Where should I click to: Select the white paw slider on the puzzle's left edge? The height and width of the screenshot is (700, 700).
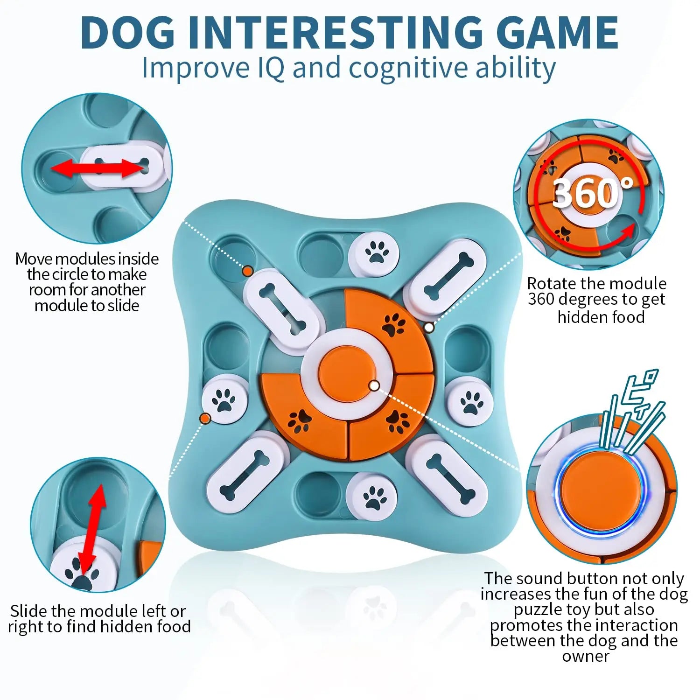click(224, 401)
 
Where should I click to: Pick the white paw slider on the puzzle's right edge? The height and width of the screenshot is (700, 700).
click(469, 402)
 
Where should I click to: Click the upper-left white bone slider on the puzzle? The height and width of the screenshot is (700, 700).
click(281, 310)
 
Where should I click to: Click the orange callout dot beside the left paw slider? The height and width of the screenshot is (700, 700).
click(205, 418)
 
